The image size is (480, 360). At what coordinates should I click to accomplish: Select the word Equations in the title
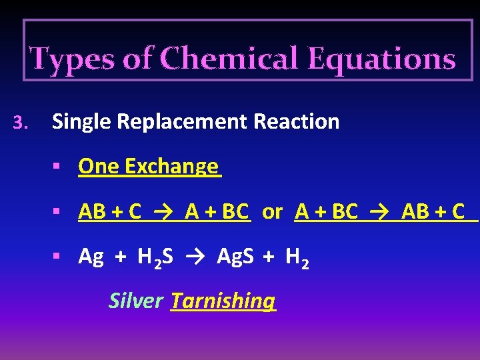381,59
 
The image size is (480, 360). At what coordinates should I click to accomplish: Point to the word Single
79,122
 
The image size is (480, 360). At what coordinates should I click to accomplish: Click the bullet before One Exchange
59,166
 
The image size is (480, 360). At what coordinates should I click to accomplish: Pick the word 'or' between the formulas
272,212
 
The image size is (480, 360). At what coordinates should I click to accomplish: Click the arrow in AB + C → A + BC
163,212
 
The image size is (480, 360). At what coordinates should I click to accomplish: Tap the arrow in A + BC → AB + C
381,212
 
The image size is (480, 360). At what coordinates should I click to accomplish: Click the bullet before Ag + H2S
59,256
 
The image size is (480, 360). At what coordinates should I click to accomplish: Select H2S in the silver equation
155,257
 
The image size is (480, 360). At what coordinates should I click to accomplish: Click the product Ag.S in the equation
235,256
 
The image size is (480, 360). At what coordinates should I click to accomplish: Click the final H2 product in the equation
296,257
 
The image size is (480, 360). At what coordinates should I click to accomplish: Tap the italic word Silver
135,301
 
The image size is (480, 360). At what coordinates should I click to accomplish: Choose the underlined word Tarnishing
223,301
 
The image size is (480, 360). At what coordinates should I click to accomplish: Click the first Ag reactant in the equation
91,256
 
